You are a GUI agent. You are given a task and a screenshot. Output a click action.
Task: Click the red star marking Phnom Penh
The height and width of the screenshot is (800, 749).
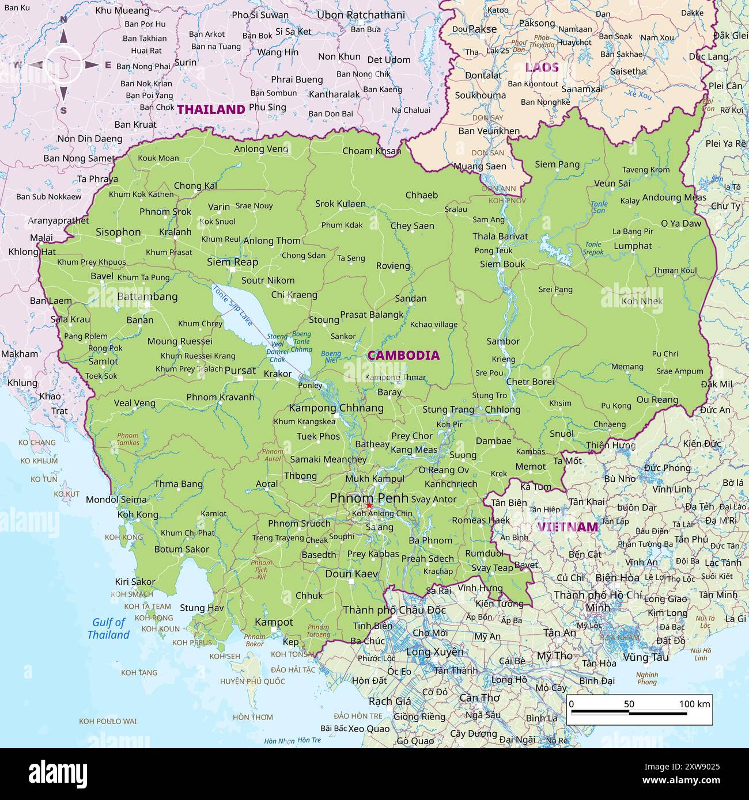coord(369,505)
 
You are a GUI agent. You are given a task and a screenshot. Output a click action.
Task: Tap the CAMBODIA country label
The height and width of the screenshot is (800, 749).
coord(403,356)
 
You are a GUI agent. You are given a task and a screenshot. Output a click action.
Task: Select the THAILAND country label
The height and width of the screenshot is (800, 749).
coord(211,109)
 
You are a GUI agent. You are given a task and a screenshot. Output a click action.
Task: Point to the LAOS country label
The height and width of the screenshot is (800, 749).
coord(542,67)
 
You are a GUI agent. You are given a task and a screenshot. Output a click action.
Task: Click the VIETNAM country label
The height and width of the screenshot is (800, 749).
coord(568,527)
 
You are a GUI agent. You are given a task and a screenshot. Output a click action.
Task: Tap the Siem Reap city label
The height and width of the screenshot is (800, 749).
coord(232,262)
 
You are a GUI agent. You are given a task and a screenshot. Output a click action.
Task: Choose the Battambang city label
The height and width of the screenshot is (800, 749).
coord(147,297)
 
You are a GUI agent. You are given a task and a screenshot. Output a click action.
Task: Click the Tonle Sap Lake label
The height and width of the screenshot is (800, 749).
coord(233,306)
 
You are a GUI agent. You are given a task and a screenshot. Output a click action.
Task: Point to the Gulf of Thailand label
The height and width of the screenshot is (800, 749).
coord(108,628)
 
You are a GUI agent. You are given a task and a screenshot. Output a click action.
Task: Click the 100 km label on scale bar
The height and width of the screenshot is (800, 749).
coord(695,704)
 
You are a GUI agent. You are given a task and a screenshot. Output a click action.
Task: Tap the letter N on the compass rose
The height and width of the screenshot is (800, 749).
coord(64,19)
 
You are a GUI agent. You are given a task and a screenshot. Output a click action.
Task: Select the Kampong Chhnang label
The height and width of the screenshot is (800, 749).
coord(336,408)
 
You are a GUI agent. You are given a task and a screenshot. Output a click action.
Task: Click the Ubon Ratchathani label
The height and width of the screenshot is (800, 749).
coord(361,15)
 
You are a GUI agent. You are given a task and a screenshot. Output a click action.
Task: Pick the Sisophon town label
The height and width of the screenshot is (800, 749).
coord(118,232)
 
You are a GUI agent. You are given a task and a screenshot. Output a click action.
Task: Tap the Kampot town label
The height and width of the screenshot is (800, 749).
coord(274,622)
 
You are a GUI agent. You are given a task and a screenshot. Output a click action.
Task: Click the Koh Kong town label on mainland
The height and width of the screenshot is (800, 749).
coord(138,515)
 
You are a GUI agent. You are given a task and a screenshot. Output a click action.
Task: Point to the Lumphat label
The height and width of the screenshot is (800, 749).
coord(633,246)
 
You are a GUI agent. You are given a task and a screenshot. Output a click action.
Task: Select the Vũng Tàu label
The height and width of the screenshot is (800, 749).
coord(645,657)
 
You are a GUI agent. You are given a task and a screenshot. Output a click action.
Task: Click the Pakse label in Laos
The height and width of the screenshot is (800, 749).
coord(482,29)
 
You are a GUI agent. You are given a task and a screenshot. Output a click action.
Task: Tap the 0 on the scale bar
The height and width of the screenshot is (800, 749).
coord(571,704)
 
